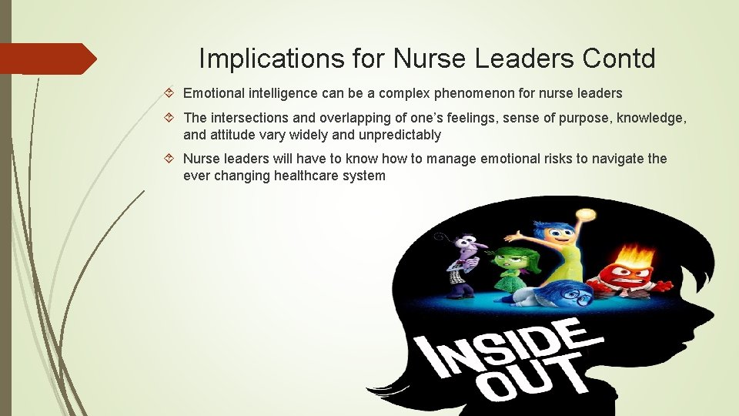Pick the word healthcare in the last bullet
310,176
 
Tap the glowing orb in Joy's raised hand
587,215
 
